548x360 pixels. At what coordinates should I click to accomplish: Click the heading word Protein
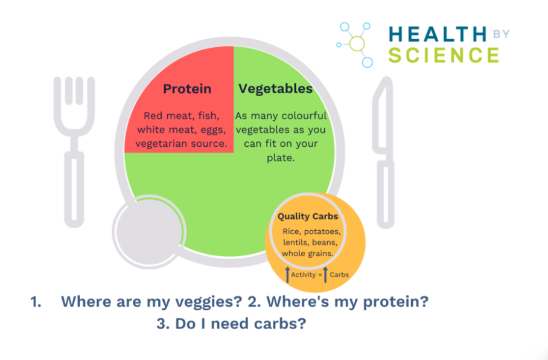click(x=187, y=89)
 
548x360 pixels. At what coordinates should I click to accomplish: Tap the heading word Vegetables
click(x=275, y=89)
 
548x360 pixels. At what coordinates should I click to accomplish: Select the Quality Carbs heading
click(x=308, y=216)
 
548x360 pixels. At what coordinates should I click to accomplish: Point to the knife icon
click(x=384, y=151)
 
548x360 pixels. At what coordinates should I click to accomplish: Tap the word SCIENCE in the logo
click(x=444, y=56)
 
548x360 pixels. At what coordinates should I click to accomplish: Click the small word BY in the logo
click(x=502, y=33)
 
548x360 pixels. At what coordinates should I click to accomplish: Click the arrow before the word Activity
click(x=287, y=275)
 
